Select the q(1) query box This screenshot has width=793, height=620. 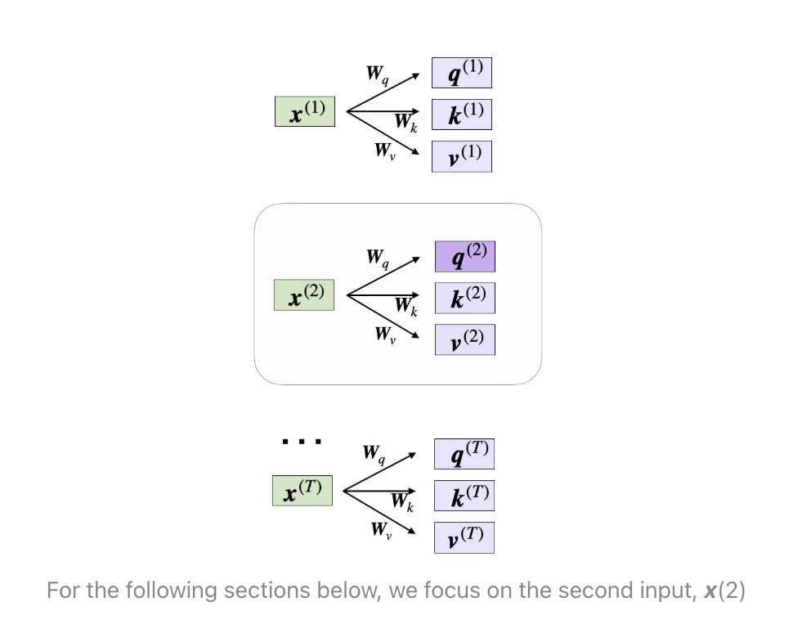[462, 73]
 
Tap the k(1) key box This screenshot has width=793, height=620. [462, 115]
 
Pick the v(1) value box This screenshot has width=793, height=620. [462, 156]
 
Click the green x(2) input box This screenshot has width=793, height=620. [304, 295]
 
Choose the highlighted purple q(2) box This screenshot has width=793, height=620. [465, 257]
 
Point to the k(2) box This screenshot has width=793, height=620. [465, 299]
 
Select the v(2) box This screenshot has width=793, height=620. [465, 339]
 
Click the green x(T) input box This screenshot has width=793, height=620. [302, 491]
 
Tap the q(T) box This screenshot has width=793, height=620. [464, 453]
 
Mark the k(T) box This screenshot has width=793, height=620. [464, 496]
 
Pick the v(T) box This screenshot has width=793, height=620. [464, 538]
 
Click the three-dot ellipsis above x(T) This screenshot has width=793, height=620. [302, 442]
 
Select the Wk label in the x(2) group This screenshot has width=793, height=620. [406, 306]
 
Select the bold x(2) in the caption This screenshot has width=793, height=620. [724, 591]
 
